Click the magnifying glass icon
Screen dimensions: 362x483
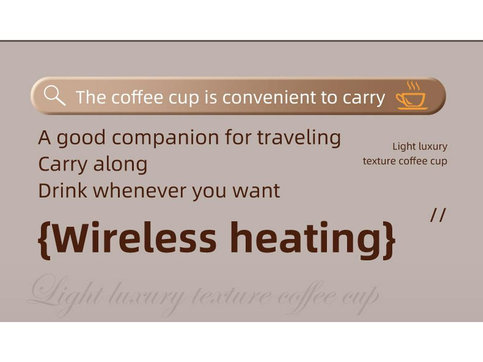(x=54, y=95)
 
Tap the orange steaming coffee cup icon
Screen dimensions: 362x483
(x=411, y=96)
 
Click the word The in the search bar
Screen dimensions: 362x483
(x=90, y=97)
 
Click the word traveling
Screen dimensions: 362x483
(x=299, y=138)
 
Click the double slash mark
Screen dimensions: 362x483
(x=438, y=215)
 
